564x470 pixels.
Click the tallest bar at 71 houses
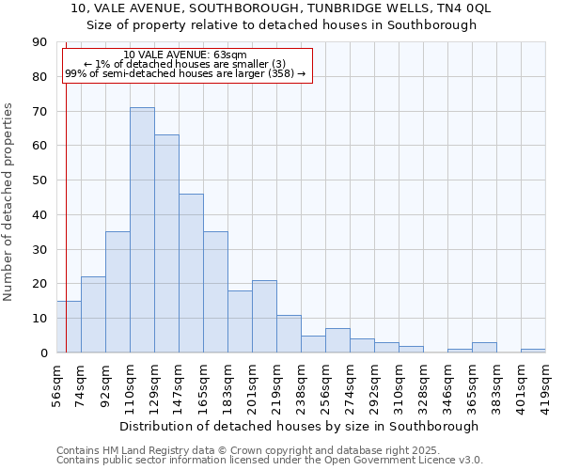coord(142,230)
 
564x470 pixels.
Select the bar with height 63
coord(166,243)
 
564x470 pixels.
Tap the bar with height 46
coord(191,273)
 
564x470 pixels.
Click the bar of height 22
coord(93,314)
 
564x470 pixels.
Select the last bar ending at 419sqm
coord(533,351)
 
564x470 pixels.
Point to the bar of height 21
coord(264,316)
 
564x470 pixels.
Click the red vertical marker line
coord(66,188)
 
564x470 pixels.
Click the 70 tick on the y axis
coord(39,111)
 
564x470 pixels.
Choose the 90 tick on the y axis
coord(39,42)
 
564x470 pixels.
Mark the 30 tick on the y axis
coord(39,249)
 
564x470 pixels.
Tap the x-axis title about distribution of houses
coord(301,426)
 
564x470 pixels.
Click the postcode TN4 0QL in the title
coord(467,8)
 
